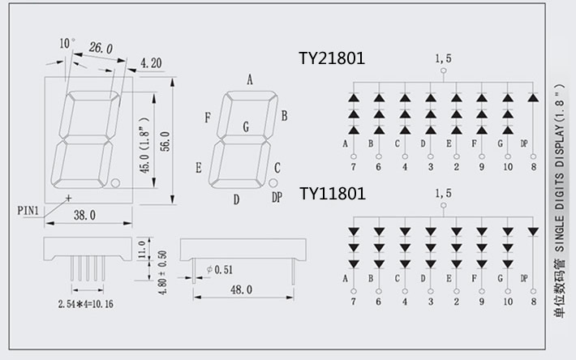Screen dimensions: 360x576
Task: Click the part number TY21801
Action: click(332, 58)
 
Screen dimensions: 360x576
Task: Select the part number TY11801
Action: click(332, 194)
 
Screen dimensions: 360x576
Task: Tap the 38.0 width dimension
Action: click(84, 216)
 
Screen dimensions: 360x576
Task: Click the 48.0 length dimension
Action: click(241, 289)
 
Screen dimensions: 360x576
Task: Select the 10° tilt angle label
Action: click(67, 42)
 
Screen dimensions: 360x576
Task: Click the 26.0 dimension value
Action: click(101, 48)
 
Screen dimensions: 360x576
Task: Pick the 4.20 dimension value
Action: click(152, 62)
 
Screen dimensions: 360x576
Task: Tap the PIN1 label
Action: click(28, 211)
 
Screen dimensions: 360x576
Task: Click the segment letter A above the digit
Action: click(250, 79)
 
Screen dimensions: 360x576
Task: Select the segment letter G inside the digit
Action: click(246, 126)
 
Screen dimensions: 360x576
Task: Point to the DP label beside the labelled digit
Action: click(277, 197)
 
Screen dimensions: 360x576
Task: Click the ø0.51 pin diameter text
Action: click(221, 269)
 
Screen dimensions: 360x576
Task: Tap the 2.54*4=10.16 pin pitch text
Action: click(85, 305)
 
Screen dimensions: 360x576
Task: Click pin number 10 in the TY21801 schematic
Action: click(508, 167)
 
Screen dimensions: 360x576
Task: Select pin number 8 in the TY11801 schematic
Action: click(533, 302)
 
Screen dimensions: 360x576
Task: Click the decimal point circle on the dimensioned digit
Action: click(116, 182)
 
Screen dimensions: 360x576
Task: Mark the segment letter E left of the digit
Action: click(199, 168)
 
